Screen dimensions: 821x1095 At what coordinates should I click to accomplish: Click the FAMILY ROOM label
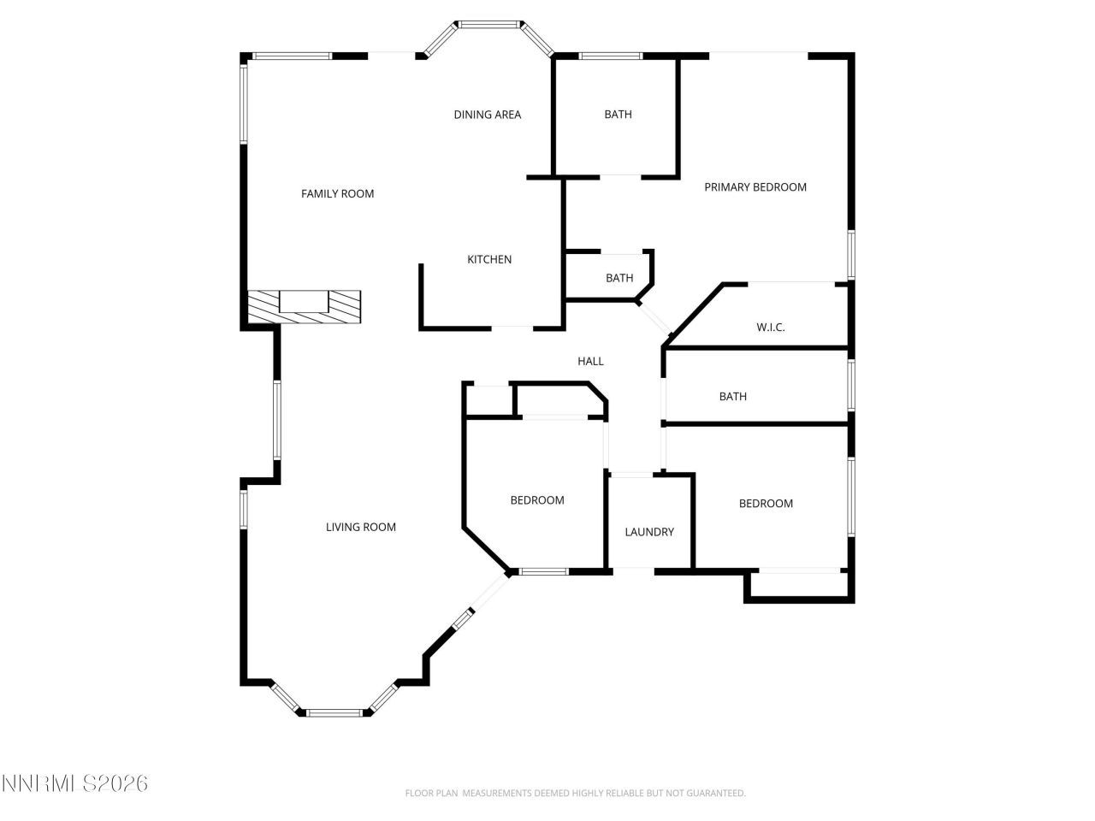pyautogui.click(x=337, y=193)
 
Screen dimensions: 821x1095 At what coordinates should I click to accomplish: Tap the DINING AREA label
pyautogui.click(x=487, y=115)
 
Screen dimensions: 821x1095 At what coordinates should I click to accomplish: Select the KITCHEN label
pyautogui.click(x=488, y=259)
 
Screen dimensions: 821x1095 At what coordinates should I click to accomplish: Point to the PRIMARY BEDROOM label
pyautogui.click(x=755, y=186)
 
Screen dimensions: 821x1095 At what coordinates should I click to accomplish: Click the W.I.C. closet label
pyautogui.click(x=770, y=327)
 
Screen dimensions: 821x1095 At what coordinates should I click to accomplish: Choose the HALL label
pyautogui.click(x=590, y=361)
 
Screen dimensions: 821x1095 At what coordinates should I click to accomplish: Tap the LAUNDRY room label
pyautogui.click(x=648, y=532)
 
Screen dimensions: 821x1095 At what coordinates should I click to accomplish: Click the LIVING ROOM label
pyautogui.click(x=360, y=527)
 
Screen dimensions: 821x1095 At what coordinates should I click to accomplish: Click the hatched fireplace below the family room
pyautogui.click(x=304, y=306)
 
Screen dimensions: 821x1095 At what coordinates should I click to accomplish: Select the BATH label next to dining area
pyautogui.click(x=618, y=114)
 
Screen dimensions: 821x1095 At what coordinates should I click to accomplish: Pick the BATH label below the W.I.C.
pyautogui.click(x=732, y=396)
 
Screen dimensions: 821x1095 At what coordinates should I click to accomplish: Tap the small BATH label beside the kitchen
pyautogui.click(x=619, y=278)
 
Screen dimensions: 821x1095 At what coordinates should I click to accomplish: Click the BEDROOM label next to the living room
pyautogui.click(x=536, y=500)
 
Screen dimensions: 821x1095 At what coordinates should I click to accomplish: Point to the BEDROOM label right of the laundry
pyautogui.click(x=766, y=503)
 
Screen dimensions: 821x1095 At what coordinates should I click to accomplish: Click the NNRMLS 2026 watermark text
pyautogui.click(x=74, y=783)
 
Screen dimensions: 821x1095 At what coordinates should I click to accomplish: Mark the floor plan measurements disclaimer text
pyautogui.click(x=575, y=793)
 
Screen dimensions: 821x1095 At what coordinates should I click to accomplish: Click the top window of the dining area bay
pyautogui.click(x=488, y=24)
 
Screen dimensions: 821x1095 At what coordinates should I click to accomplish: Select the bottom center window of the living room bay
pyautogui.click(x=334, y=712)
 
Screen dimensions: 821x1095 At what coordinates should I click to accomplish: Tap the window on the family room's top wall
pyautogui.click(x=292, y=56)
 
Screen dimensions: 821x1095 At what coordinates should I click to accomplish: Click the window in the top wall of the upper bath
pyautogui.click(x=610, y=56)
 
